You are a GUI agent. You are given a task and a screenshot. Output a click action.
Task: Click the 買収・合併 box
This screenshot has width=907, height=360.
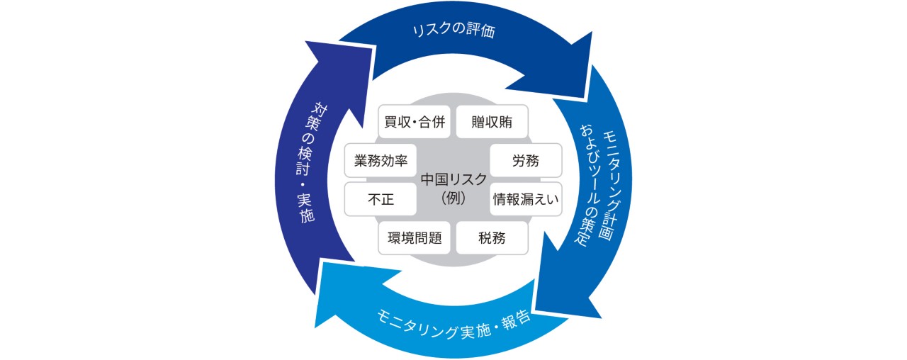415,123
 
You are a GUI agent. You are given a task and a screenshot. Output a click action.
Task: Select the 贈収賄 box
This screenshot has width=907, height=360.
491,123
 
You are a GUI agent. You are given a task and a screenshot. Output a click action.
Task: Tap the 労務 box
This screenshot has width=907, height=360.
526,161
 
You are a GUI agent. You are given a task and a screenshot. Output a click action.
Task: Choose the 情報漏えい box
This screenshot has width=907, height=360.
526,199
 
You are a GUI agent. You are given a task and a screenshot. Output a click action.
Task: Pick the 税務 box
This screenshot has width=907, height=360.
491,237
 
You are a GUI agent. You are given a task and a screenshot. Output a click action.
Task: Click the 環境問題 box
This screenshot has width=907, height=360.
415,237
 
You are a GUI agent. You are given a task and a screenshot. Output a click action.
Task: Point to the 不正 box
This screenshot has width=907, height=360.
381,199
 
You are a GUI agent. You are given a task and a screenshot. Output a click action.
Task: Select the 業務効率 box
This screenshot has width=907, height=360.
381,161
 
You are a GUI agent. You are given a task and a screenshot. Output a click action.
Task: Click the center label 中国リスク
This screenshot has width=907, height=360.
453,179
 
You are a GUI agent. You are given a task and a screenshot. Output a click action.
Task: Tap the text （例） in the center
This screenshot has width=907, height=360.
453,199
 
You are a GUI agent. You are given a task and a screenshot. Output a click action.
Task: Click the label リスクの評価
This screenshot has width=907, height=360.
453,32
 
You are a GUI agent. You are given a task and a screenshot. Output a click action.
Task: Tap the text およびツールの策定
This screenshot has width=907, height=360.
585,186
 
